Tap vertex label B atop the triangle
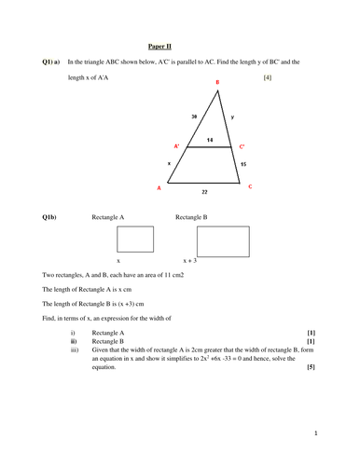217,83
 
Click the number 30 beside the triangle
193,117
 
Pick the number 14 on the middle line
210,139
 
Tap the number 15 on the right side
244,164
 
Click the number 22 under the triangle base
205,194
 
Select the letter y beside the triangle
231,117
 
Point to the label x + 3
191,261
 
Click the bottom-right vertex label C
250,186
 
